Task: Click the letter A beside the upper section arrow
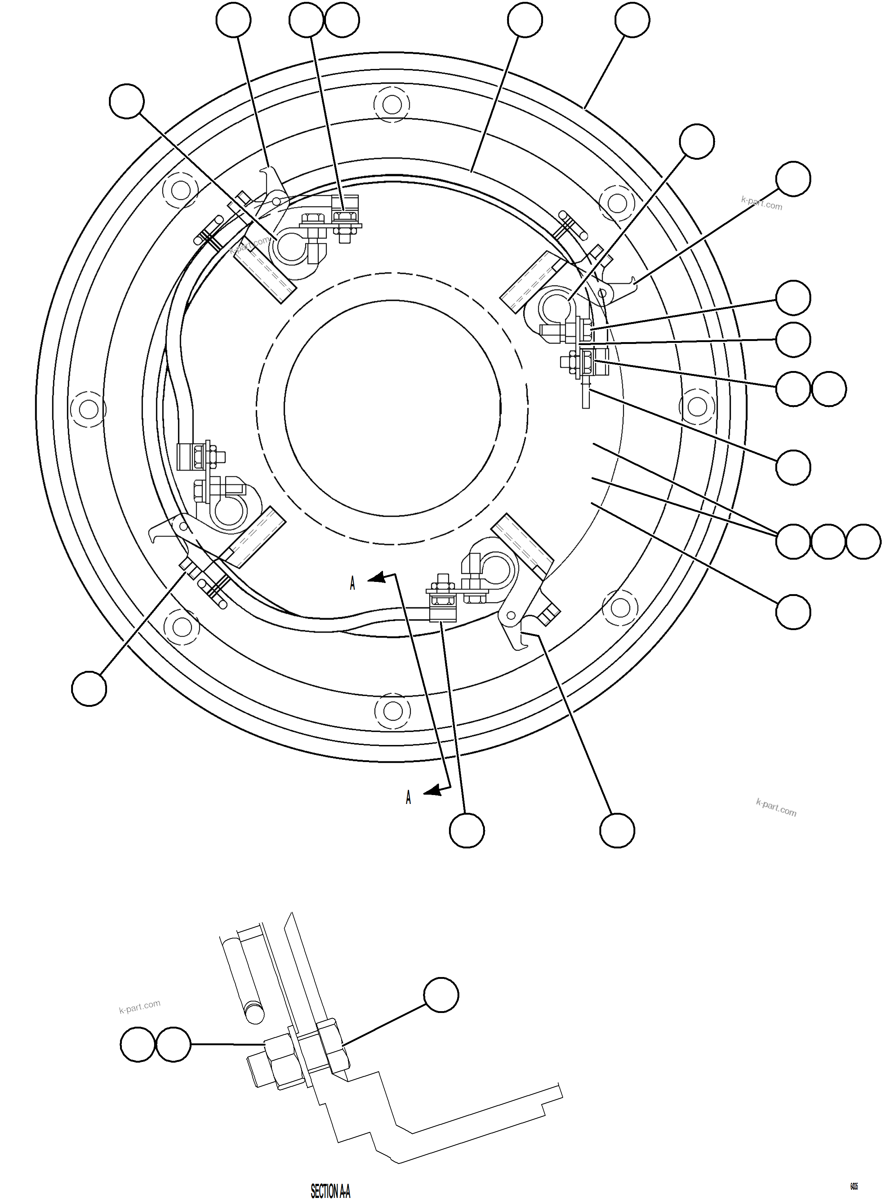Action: (352, 583)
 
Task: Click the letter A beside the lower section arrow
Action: (409, 798)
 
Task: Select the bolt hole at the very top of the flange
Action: (392, 104)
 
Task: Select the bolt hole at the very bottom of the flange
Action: (392, 711)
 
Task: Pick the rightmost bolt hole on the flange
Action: (697, 407)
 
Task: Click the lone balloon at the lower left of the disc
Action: (89, 689)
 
